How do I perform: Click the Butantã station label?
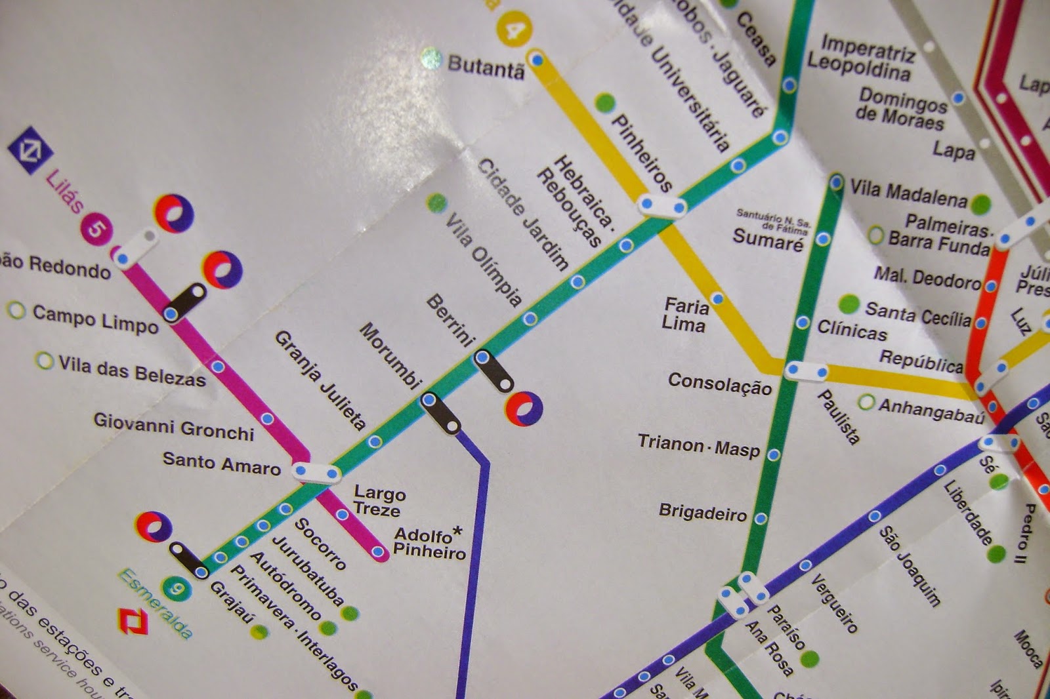[486, 66]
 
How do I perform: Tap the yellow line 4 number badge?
[514, 30]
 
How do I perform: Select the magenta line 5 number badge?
[96, 229]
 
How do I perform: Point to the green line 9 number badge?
[177, 589]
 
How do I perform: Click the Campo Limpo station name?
[95, 319]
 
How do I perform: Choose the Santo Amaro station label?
[221, 463]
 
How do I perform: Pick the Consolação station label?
[719, 384]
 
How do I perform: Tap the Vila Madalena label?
[908, 193]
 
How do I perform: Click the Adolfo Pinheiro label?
[429, 544]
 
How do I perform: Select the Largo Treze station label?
[379, 500]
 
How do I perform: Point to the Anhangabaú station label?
[931, 410]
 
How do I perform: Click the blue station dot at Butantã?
[537, 60]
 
